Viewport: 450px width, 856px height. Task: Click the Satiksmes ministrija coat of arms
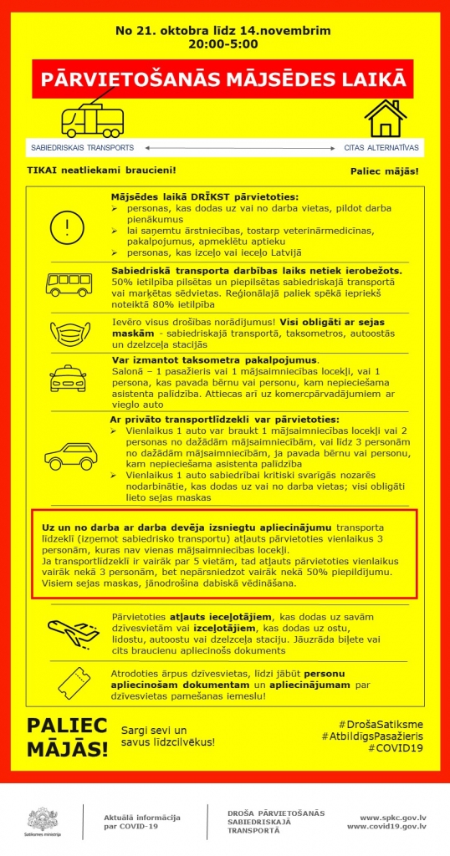coord(41,818)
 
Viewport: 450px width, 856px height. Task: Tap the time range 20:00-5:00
coord(223,43)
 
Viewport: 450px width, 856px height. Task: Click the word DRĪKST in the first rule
coord(195,196)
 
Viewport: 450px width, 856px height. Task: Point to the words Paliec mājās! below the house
coord(384,171)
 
